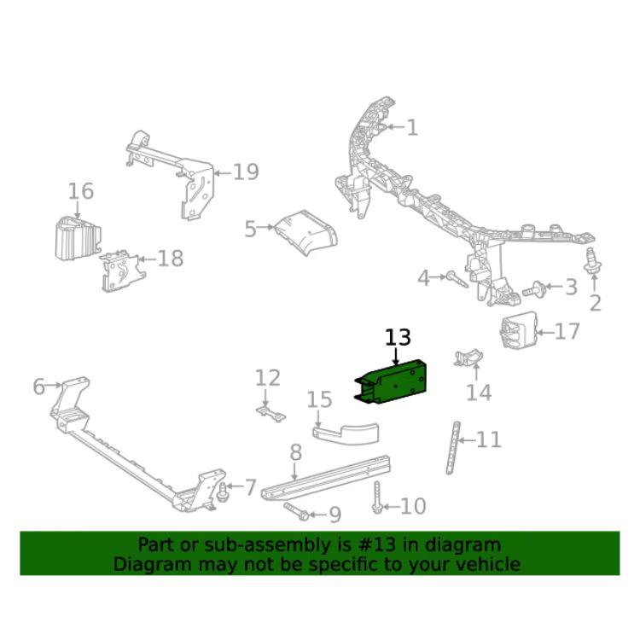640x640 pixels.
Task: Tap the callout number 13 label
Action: [x=398, y=338]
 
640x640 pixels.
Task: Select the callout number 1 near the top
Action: [x=412, y=128]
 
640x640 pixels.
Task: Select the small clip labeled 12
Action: [x=269, y=413]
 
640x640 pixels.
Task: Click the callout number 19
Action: [x=245, y=172]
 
